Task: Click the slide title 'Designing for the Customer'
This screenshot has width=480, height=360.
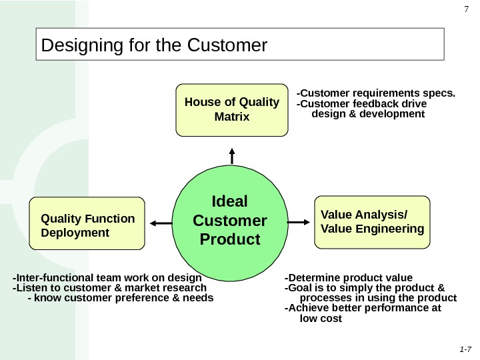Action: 154,45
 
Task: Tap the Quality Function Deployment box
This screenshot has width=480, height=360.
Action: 87,223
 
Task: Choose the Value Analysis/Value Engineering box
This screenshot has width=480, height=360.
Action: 372,221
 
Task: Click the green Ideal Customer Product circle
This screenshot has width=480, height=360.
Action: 229,220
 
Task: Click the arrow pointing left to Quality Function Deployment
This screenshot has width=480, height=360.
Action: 160,223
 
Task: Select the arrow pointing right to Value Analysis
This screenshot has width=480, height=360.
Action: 299,221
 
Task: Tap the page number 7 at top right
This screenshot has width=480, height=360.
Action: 467,9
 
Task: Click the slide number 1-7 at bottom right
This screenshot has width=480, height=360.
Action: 465,349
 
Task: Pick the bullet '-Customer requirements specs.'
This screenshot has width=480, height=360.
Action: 376,93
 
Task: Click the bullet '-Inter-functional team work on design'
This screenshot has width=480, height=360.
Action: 107,277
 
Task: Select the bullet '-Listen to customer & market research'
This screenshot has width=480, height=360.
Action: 110,287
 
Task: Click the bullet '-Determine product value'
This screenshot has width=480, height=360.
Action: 349,277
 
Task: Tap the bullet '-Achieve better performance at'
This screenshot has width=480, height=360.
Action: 363,308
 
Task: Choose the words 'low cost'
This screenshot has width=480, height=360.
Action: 321,319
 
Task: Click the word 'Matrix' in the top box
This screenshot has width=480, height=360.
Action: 232,117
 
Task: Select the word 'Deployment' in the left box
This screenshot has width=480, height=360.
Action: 75,233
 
